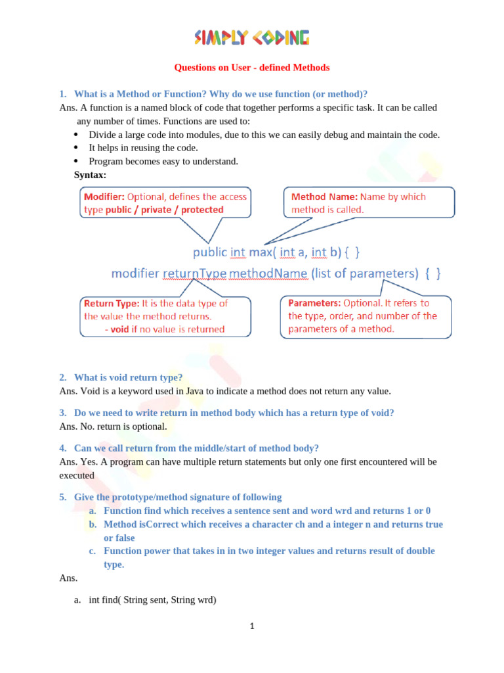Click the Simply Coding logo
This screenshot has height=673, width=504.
coord(251,38)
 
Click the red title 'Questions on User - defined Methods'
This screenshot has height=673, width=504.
coord(251,68)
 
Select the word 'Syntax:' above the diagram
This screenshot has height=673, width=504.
coord(90,175)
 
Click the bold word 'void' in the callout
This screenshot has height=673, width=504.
coord(119,329)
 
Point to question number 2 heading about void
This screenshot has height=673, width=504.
coord(128,377)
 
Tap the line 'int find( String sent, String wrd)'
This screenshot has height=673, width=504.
coord(152,600)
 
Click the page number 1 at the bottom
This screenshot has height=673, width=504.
coord(251,626)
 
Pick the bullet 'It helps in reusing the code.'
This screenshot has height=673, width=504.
coord(134,148)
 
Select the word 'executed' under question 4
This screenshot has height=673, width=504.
coord(77,475)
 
